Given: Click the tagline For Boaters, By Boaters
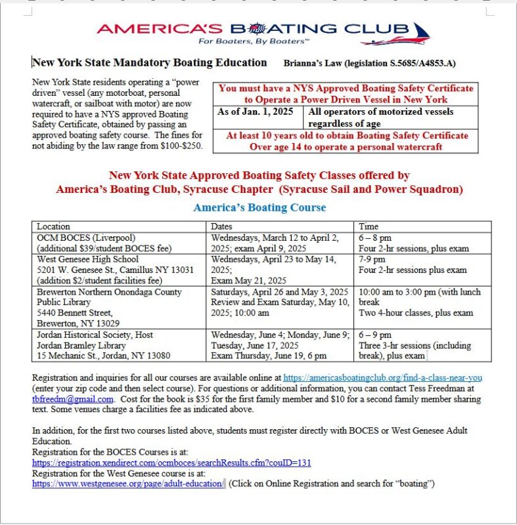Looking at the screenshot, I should click(x=252, y=41).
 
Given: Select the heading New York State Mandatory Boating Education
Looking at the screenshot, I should click(x=150, y=63).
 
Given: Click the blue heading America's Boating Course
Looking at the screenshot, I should click(x=259, y=207).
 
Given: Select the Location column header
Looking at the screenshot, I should click(x=53, y=226).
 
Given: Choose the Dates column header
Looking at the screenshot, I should click(x=223, y=226).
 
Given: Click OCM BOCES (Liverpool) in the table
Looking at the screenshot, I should click(x=83, y=238).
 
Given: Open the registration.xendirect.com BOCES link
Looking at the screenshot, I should click(x=171, y=463).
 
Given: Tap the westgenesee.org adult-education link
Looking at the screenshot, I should click(x=128, y=484).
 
